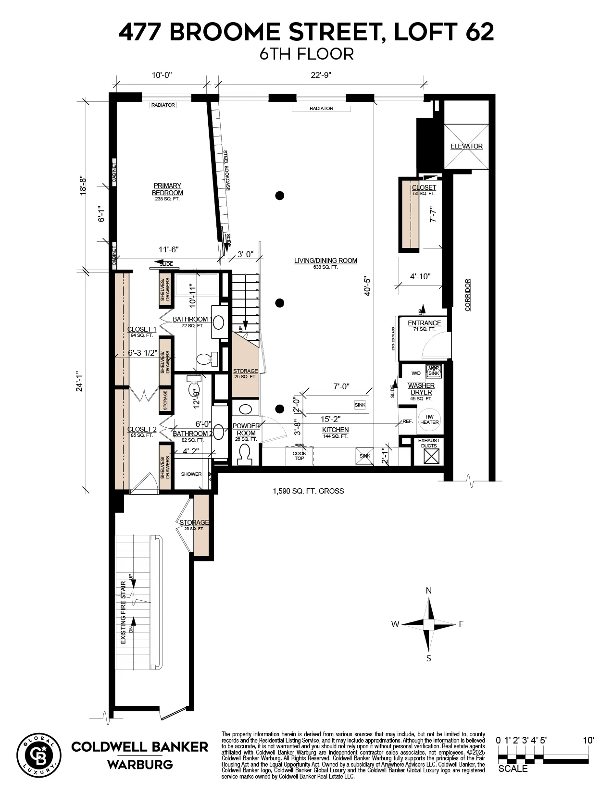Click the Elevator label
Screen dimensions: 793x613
(x=466, y=146)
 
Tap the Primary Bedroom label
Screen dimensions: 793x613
(x=167, y=189)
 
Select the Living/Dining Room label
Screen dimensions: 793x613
(x=325, y=261)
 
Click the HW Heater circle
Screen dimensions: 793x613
(x=429, y=419)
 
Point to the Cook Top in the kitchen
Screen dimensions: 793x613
(x=299, y=456)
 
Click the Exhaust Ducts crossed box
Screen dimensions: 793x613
(x=429, y=457)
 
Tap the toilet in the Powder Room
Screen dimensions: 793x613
(x=245, y=454)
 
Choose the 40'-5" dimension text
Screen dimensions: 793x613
(x=367, y=285)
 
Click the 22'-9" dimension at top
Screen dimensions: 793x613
(x=321, y=75)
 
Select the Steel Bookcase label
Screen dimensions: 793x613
(x=226, y=171)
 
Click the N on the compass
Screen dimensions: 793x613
(x=428, y=591)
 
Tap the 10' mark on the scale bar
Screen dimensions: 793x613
(x=588, y=741)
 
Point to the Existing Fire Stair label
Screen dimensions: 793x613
(x=123, y=613)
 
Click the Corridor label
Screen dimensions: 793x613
(x=468, y=295)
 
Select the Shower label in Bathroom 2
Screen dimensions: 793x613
(x=191, y=474)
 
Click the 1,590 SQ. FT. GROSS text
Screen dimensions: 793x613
(x=308, y=491)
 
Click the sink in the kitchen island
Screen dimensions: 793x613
(x=360, y=405)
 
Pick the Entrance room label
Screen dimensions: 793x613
(x=424, y=323)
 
